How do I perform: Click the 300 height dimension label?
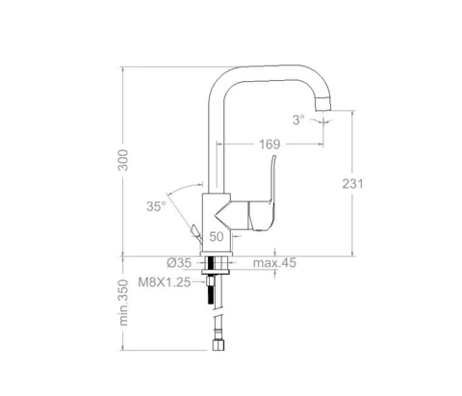[x=123, y=160]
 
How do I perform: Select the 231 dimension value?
[x=352, y=184]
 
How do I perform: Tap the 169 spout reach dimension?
[x=269, y=145]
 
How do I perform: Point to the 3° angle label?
[x=298, y=119]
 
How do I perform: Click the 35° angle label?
[x=156, y=206]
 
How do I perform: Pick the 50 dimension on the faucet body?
[x=217, y=237]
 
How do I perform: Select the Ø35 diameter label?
[x=179, y=263]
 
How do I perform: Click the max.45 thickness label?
[x=274, y=263]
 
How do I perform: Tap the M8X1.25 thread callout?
[x=165, y=282]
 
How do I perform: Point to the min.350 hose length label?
[x=123, y=303]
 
